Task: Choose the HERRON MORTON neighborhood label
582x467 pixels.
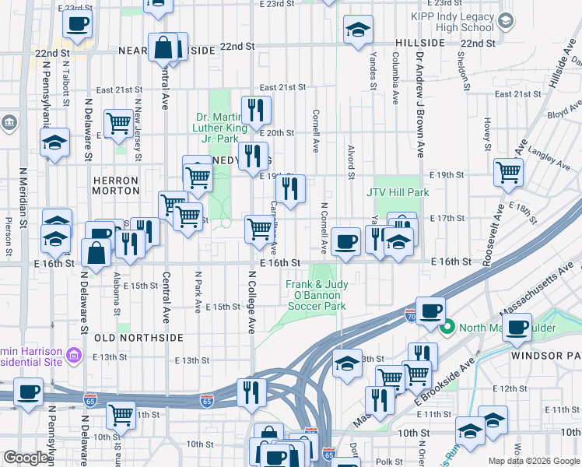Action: coord(115,185)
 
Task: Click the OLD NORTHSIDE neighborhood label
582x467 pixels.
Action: coord(138,338)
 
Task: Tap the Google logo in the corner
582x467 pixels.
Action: coord(26,458)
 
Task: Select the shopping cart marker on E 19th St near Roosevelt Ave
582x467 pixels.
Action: coord(509,171)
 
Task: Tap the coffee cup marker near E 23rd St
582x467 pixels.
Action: coord(77,23)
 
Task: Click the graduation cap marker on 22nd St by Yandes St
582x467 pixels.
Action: coord(358,30)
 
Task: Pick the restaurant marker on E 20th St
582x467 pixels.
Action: coord(255,110)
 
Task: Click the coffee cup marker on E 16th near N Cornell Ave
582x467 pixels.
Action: coord(345,241)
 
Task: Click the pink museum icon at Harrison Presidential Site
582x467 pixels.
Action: coord(75,356)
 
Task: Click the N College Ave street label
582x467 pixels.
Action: coord(252,302)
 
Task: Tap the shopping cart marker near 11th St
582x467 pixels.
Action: coord(121,415)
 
